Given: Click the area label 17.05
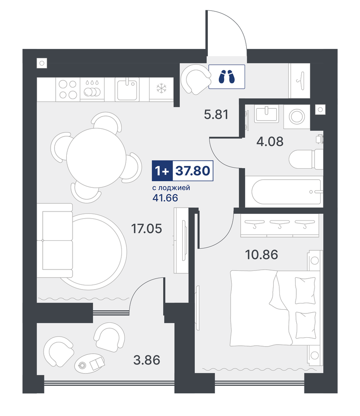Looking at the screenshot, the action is tap(147, 228).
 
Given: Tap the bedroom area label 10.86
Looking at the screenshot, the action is tap(262, 255).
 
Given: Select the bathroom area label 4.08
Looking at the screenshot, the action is tap(270, 141).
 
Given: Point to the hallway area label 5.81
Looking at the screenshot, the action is tap(216, 115).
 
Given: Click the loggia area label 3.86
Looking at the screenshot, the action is tap(147, 360).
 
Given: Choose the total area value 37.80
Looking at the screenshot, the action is tap(193, 170).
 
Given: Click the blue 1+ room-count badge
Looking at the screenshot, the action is tap(162, 171).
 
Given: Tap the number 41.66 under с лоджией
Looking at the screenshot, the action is tap(165, 198).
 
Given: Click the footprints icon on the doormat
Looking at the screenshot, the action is tap(226, 77).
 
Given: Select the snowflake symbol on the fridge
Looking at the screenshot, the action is tap(161, 88).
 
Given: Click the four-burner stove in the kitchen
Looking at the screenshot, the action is tap(68, 89).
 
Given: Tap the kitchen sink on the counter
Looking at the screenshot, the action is tap(127, 89).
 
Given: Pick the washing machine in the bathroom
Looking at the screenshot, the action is tap(297, 117).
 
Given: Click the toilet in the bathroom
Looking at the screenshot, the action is tap(306, 159).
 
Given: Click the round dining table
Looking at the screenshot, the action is tap(96, 158).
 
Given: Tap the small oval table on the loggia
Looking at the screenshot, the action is tap(90, 363).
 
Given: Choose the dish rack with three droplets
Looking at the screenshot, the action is tap(92, 89).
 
